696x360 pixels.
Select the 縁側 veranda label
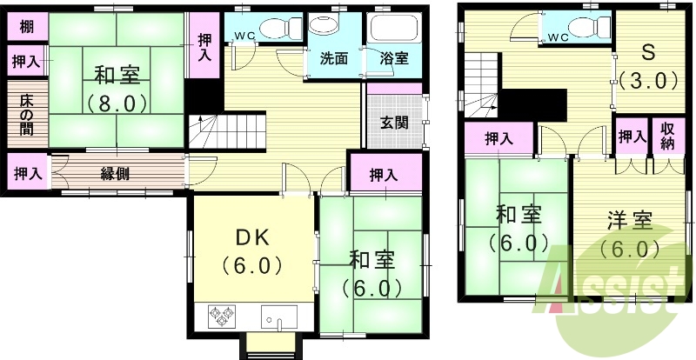tap(116, 173)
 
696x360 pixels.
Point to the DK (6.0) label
tap(252, 249)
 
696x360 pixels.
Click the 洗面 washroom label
tap(333, 60)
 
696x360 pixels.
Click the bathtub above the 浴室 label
tap(393, 29)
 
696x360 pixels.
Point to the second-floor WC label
tap(558, 38)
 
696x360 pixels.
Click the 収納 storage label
tap(666, 137)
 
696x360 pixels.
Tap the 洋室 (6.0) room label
tap(629, 233)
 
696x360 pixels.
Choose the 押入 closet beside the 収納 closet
tap(632, 137)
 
